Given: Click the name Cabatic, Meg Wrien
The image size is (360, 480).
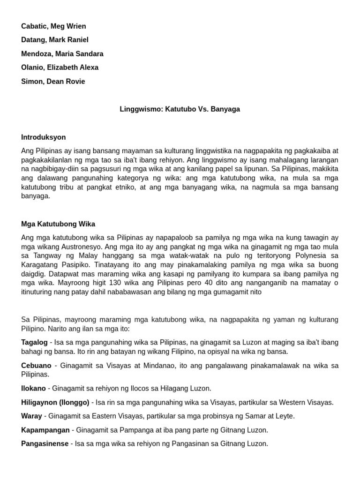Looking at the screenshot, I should pos(53,26).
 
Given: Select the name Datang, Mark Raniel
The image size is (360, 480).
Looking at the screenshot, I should pos(54,40).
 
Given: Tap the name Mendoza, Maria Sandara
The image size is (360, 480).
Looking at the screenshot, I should pos(62,54).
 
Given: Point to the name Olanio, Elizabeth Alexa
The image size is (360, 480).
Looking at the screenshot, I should pos(60,67).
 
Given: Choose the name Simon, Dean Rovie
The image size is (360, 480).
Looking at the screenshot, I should pos(53,82).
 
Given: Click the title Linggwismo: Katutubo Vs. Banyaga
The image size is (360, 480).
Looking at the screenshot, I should pos(180,109).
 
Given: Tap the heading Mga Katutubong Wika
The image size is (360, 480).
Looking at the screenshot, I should pos(58,224).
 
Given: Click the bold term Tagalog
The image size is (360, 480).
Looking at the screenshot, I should pos(34,343).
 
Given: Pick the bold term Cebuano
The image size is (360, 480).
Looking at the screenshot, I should pos(36,366).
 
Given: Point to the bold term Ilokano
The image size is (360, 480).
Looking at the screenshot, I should pos(33,389).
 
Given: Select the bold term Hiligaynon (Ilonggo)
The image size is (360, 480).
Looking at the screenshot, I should pos(55,402).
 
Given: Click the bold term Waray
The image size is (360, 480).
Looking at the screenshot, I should pos(31,416).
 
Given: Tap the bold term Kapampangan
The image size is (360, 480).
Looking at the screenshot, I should pos(45,430).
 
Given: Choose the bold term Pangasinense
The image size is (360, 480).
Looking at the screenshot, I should pos(45,444).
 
